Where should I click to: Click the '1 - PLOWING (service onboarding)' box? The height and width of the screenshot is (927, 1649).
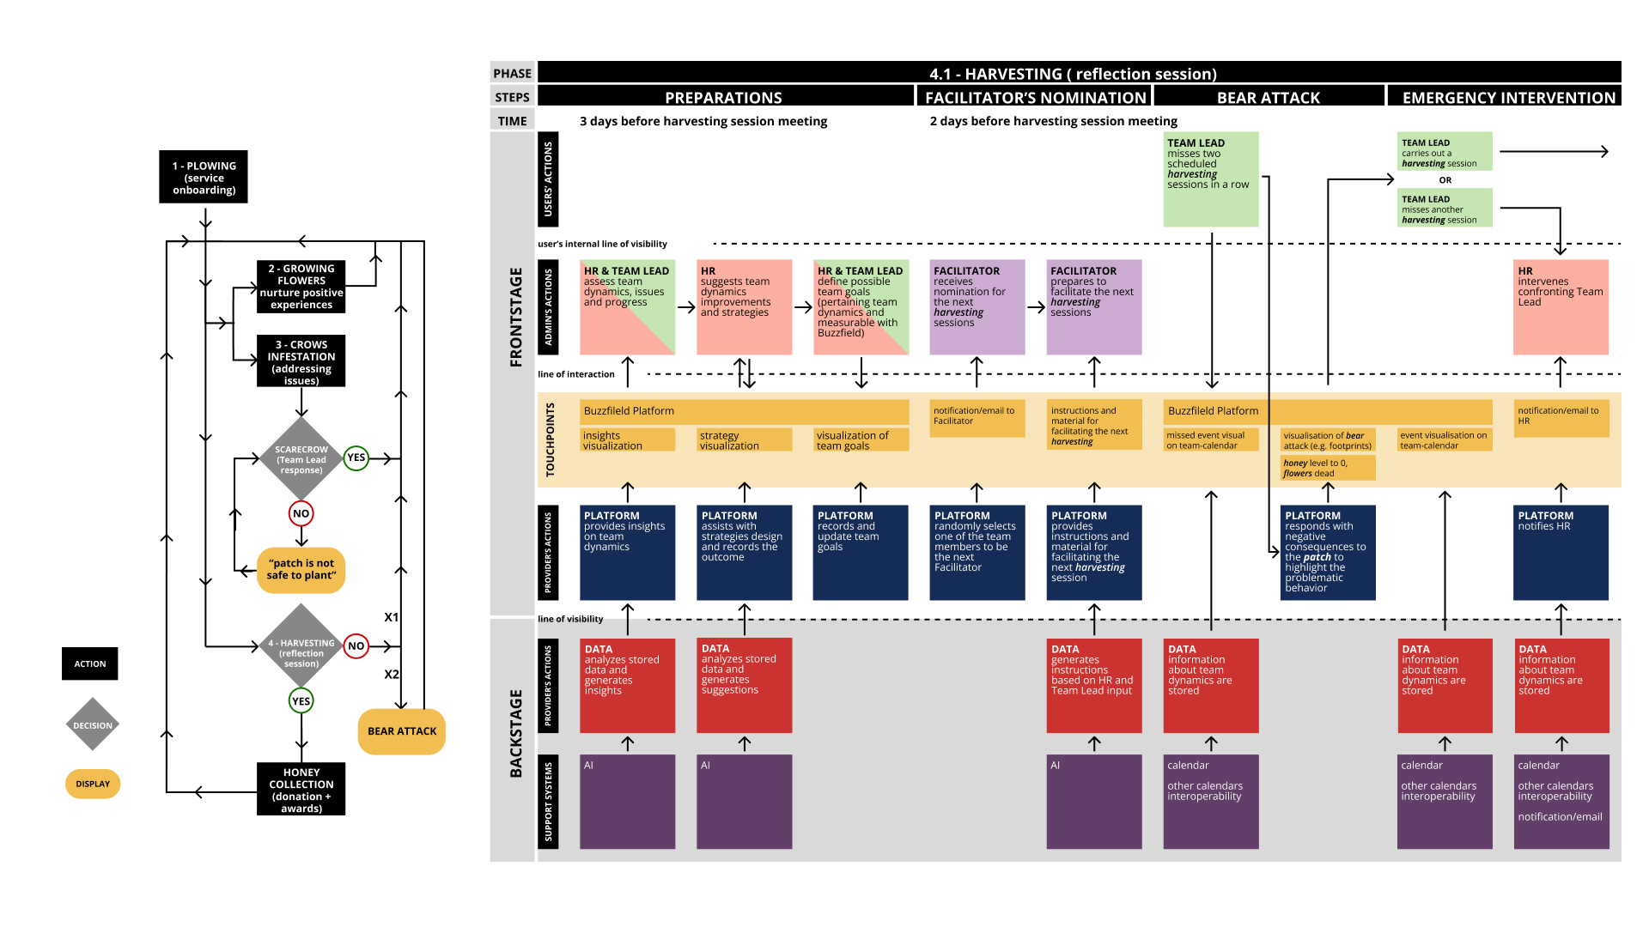204,178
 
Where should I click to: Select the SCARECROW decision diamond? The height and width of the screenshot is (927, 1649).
301,459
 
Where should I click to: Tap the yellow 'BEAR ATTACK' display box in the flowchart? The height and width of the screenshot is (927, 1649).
402,731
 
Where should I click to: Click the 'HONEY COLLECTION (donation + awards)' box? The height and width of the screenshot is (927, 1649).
301,789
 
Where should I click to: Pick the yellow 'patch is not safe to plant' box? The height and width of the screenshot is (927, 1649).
301,570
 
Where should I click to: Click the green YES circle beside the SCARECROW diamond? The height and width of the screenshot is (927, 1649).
356,457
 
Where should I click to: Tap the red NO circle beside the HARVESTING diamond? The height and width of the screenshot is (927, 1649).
356,645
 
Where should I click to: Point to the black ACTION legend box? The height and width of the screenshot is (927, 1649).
90,663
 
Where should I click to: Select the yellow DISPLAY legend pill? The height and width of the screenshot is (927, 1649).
93,784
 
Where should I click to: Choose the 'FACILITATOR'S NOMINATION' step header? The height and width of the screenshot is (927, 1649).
1035,97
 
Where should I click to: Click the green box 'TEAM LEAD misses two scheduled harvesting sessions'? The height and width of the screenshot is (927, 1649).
1211,179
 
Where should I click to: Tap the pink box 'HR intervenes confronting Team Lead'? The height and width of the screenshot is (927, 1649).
1561,307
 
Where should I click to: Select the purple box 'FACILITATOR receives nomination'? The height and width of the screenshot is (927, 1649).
977,307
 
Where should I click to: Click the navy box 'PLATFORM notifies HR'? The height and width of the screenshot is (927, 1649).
1561,553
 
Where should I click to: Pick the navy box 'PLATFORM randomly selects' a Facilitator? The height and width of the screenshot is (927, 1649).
977,553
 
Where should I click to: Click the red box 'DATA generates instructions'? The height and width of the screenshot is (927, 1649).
1094,686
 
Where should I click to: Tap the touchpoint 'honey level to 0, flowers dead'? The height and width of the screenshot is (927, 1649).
1328,468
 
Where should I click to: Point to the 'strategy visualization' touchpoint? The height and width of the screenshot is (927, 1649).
744,440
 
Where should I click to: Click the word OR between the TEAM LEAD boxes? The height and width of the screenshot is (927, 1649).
1445,180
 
